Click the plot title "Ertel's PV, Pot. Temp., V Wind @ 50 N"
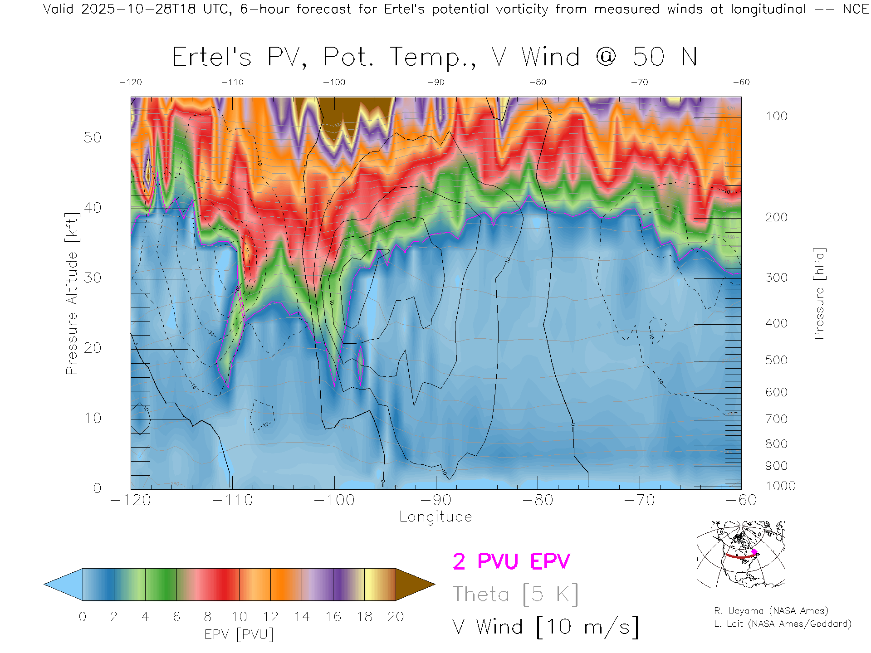(x=435, y=58)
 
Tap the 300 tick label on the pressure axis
(x=776, y=278)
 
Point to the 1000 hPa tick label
(x=780, y=486)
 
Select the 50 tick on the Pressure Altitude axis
(x=92, y=138)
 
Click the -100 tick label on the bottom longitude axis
(x=334, y=500)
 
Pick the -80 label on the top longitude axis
(x=538, y=83)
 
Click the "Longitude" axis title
(x=435, y=517)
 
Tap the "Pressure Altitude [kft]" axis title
(x=72, y=293)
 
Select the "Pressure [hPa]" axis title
(x=819, y=293)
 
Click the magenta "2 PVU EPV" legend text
(x=511, y=561)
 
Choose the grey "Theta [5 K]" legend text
(x=515, y=594)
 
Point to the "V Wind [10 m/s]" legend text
(x=546, y=627)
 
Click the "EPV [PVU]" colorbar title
(x=239, y=634)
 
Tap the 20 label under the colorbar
(x=396, y=617)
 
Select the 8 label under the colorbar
(x=208, y=617)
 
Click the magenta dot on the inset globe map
(x=754, y=552)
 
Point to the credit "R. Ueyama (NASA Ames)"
(x=771, y=611)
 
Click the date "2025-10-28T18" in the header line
(x=138, y=9)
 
